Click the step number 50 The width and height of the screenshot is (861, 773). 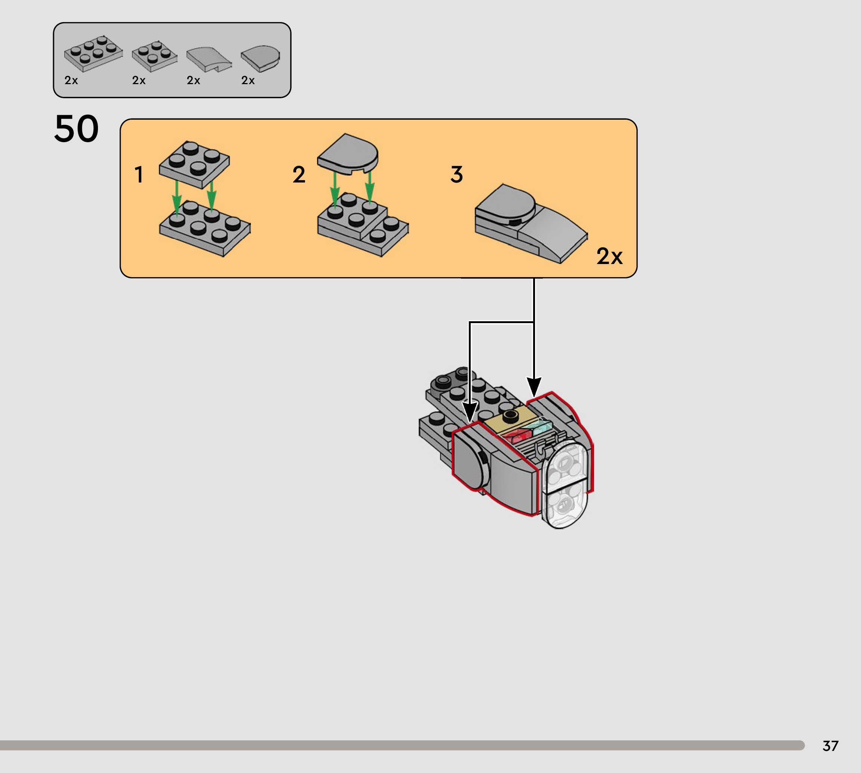pyautogui.click(x=76, y=129)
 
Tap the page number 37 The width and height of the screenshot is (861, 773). pyautogui.click(x=830, y=746)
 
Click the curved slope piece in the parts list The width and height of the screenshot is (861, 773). pyautogui.click(x=209, y=59)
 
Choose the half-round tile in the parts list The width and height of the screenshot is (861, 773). pyautogui.click(x=261, y=58)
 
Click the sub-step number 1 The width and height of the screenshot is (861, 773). pyautogui.click(x=139, y=175)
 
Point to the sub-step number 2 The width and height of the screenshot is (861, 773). pyautogui.click(x=299, y=175)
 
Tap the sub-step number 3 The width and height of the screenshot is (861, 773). pyautogui.click(x=457, y=175)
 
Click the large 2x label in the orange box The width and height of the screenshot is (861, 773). pyautogui.click(x=609, y=256)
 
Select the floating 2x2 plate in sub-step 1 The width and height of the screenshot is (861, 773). pyautogui.click(x=194, y=164)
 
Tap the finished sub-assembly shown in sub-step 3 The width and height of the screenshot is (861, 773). pyautogui.click(x=531, y=223)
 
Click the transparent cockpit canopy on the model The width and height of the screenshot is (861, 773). pyautogui.click(x=565, y=484)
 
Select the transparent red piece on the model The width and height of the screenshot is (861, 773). pyautogui.click(x=518, y=436)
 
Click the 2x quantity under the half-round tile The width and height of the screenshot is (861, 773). pyautogui.click(x=248, y=80)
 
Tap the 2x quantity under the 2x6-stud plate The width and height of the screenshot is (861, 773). pyautogui.click(x=71, y=80)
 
